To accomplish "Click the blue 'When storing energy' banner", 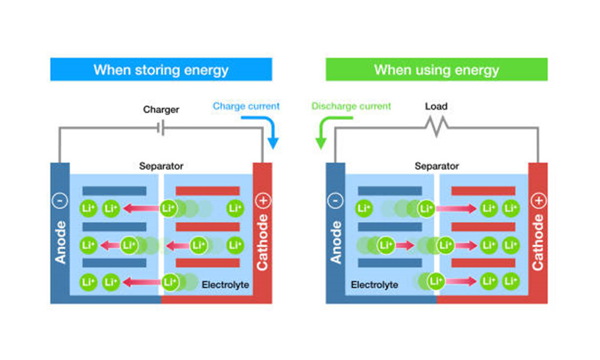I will [161, 70].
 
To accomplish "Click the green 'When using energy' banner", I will [436, 70].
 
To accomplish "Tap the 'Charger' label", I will [161, 110].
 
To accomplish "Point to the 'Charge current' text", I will [246, 106].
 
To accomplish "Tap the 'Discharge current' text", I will [351, 106].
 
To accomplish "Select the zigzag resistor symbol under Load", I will [436, 127].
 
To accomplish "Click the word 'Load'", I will [436, 107].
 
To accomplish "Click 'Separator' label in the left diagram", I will [161, 166].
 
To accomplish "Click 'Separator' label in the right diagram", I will [436, 166].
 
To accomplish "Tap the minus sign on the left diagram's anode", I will [61, 201].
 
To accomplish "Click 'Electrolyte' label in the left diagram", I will [225, 284].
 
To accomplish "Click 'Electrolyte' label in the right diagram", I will [374, 284].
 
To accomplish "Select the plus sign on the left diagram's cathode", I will [262, 201].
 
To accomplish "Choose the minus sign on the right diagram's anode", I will [336, 201].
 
